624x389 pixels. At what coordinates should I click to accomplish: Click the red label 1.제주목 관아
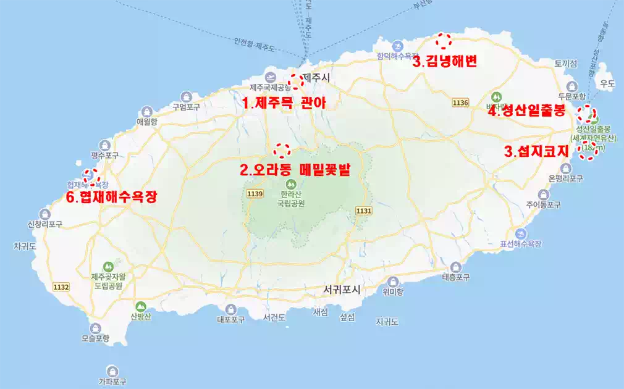click(283, 103)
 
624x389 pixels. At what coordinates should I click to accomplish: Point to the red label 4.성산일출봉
click(526, 112)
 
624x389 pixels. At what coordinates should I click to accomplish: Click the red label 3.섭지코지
click(536, 152)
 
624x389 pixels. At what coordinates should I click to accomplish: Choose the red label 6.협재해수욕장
click(111, 197)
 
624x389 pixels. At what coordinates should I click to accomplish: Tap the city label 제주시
click(317, 77)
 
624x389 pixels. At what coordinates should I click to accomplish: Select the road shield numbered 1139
click(255, 194)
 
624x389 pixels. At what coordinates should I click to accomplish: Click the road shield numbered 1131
click(363, 211)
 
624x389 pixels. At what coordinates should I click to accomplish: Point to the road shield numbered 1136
click(460, 102)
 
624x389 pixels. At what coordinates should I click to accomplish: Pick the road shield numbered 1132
click(61, 287)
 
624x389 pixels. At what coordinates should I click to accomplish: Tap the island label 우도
click(608, 83)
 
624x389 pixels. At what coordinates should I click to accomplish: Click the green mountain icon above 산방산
click(140, 306)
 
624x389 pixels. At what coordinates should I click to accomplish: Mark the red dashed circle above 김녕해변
click(444, 41)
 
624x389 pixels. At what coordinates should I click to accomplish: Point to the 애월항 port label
click(147, 122)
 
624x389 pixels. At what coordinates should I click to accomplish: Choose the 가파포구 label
click(112, 382)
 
